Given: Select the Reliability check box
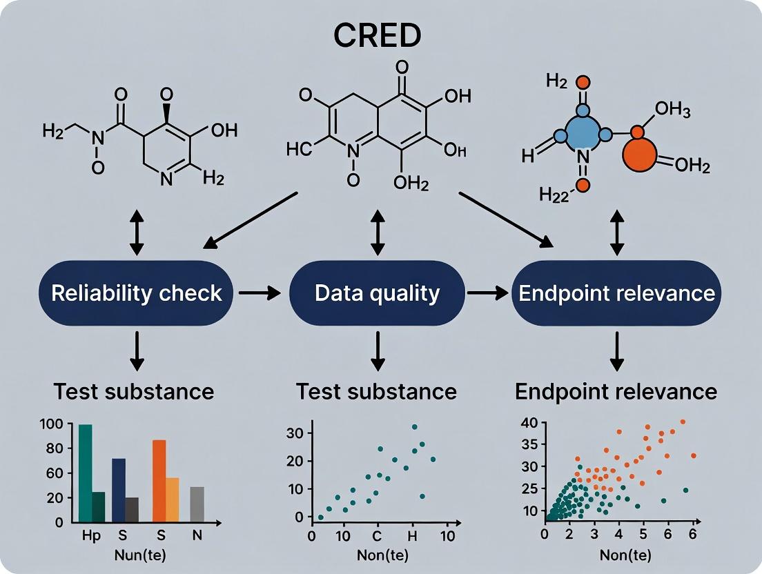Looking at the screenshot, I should click(x=137, y=293).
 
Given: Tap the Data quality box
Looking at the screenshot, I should click(x=377, y=293).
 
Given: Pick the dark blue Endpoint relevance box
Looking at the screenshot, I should click(x=616, y=293).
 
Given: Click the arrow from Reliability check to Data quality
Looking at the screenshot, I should click(x=259, y=293).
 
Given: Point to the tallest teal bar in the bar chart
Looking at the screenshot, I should click(x=85, y=473).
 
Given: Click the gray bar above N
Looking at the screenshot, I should click(x=197, y=504).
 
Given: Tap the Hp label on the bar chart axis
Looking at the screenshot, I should click(x=90, y=535).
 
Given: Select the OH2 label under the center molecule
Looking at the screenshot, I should click(x=411, y=184).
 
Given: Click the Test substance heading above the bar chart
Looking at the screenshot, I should click(x=133, y=392).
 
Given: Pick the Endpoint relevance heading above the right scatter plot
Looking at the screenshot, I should click(x=616, y=392).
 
